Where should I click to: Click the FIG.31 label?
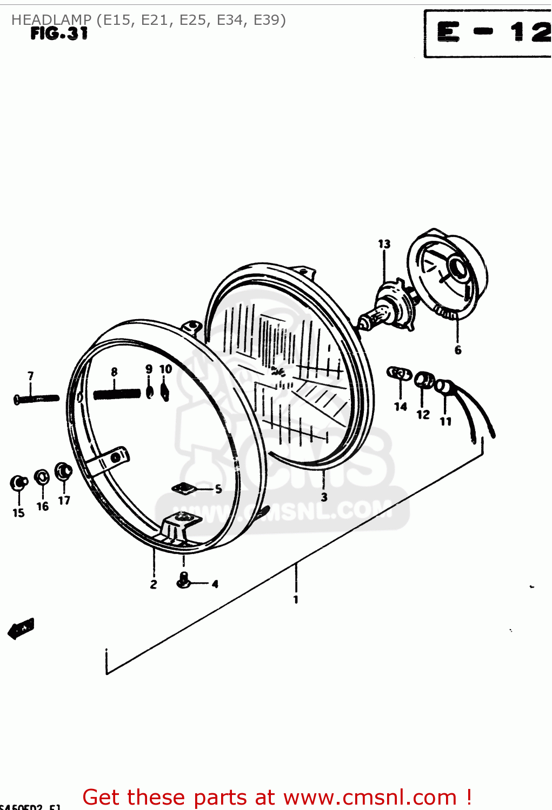[x=59, y=34]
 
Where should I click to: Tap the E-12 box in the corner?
[x=488, y=33]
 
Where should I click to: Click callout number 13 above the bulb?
[x=384, y=244]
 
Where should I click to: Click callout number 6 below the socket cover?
[x=458, y=350]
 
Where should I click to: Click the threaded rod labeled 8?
[x=116, y=394]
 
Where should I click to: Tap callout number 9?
[x=149, y=369]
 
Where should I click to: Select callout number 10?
[x=165, y=369]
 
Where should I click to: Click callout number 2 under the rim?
[x=154, y=584]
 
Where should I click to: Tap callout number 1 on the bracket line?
[x=296, y=599]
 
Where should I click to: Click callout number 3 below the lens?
[x=324, y=497]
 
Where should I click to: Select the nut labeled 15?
[x=19, y=483]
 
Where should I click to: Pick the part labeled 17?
[x=63, y=471]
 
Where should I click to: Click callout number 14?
[x=401, y=407]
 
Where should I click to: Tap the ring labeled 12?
[x=424, y=381]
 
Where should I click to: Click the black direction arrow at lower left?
[x=21, y=629]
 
